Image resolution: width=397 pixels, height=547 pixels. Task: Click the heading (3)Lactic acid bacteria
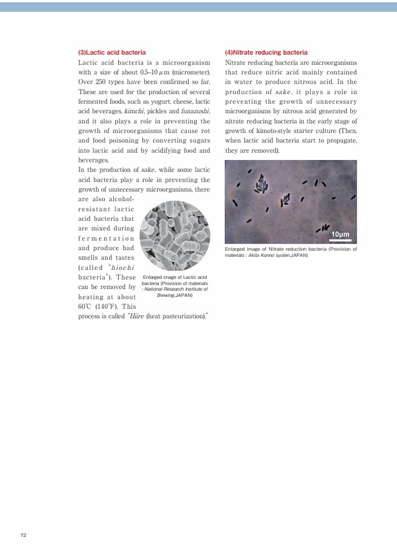(111, 52)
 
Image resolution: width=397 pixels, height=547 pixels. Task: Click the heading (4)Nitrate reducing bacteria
(266, 52)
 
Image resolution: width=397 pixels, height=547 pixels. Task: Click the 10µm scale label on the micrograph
(340, 234)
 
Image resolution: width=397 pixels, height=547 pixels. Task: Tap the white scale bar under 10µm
(340, 240)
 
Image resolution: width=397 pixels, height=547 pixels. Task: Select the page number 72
(23, 535)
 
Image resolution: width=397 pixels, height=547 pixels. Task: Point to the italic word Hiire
(136, 317)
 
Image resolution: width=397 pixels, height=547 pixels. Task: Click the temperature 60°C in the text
(86, 307)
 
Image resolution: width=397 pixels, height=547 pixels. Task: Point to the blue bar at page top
(198, 6)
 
